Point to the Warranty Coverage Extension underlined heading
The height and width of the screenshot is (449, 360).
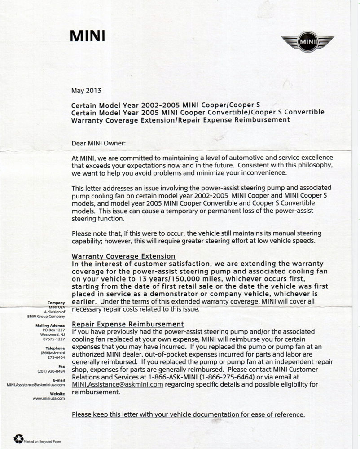click(x=123, y=256)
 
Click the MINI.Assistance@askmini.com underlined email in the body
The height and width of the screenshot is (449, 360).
click(x=118, y=384)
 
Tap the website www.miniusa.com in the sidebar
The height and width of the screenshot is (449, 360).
click(x=49, y=398)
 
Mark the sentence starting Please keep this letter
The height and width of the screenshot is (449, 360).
click(x=189, y=414)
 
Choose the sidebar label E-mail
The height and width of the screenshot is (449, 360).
click(x=58, y=380)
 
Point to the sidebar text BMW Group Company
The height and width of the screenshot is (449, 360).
click(x=46, y=316)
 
